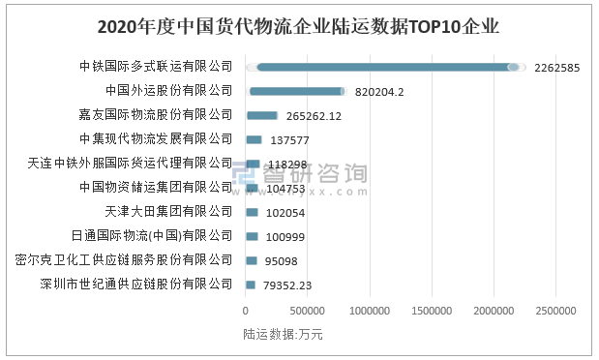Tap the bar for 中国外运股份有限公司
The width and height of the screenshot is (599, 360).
(297, 91)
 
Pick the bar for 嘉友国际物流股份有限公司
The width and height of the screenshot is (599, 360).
(261, 115)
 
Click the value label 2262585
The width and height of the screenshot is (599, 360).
(556, 68)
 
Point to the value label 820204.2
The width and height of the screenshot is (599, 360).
(379, 92)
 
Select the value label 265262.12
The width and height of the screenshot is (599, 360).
(314, 116)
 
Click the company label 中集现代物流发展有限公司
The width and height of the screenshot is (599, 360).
(157, 139)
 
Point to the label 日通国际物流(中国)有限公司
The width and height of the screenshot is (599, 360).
(153, 235)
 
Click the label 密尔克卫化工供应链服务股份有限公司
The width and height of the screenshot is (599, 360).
(125, 259)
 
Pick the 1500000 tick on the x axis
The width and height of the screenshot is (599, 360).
(434, 311)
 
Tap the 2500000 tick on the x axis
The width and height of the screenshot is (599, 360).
(558, 311)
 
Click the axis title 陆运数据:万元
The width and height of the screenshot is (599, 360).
(284, 335)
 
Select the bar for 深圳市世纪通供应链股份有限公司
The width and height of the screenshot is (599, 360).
(251, 285)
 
